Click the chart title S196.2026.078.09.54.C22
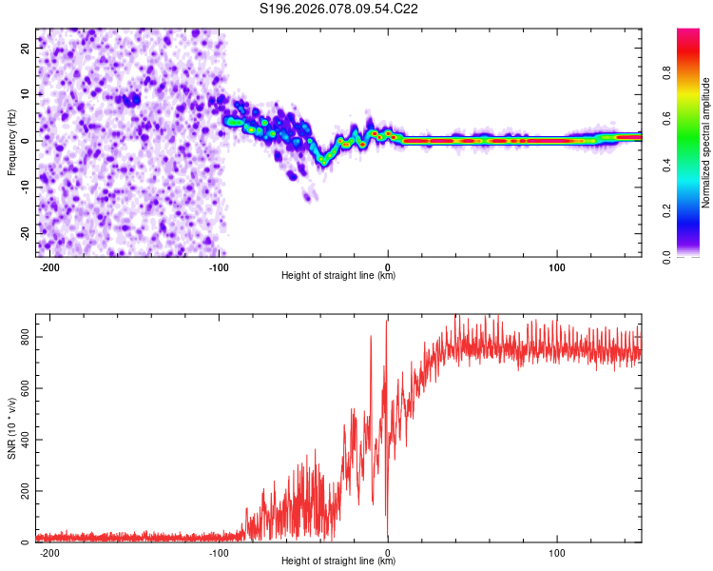click(x=339, y=10)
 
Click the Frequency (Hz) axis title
click(x=11, y=143)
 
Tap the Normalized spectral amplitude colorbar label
click(x=706, y=143)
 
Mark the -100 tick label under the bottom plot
click(x=219, y=553)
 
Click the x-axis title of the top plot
click(x=338, y=276)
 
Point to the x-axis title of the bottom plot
click(x=338, y=561)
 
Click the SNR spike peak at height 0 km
click(x=386, y=321)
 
